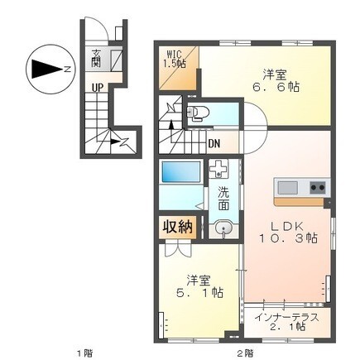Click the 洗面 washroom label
click(223, 199)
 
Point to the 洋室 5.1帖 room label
click(198, 285)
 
